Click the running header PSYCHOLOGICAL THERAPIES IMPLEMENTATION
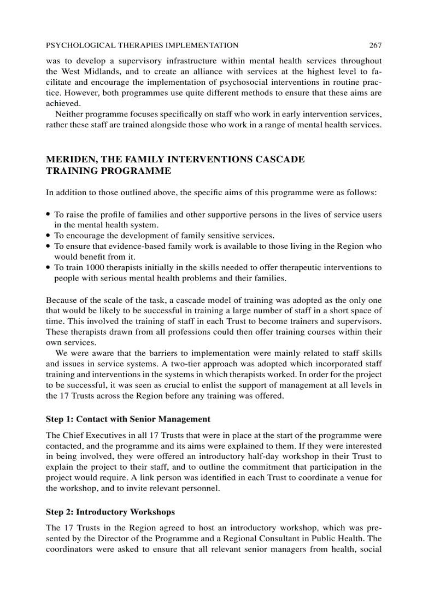(142, 45)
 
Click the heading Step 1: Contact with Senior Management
(128, 419)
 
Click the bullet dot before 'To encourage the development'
(49, 236)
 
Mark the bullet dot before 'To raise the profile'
(49, 215)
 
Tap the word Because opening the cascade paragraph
(62, 300)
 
